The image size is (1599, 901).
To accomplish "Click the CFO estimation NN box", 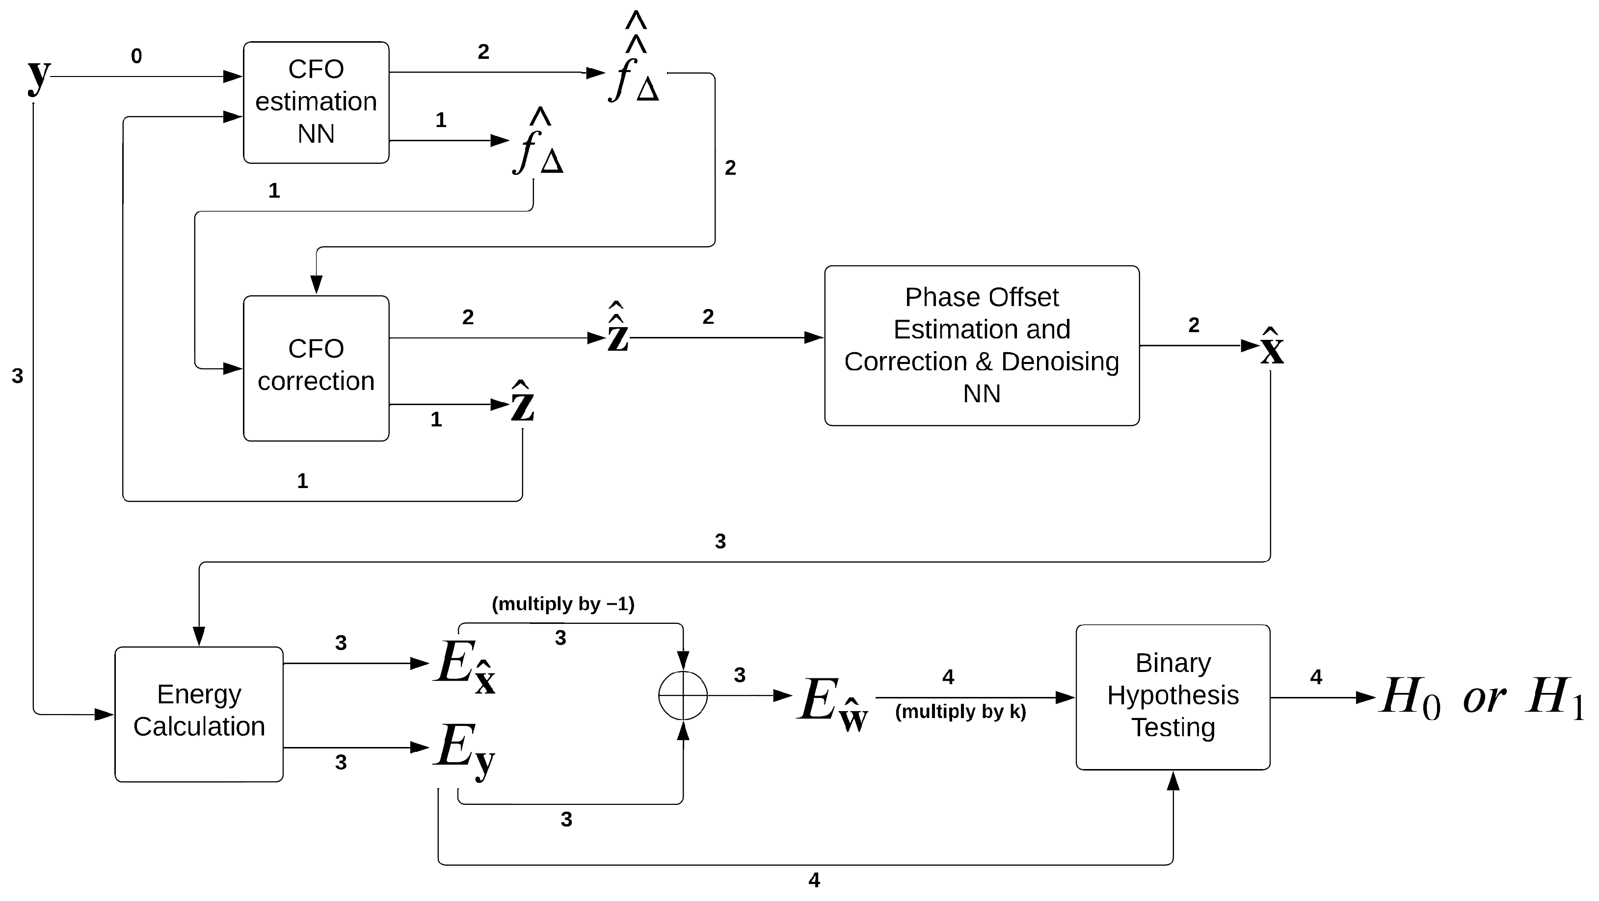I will point(316,103).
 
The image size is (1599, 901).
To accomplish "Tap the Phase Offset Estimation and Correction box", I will point(982,346).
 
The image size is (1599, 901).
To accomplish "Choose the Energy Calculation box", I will point(199,714).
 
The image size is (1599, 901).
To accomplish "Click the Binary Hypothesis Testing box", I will point(1173,696).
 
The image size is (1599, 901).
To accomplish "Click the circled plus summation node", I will point(683,695).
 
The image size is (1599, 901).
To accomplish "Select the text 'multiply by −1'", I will point(563,604).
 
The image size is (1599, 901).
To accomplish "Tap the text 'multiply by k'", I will point(960,711).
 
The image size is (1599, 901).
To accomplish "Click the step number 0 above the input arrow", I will point(136,56).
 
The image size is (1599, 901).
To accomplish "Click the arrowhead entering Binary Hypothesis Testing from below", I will point(1173,781).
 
